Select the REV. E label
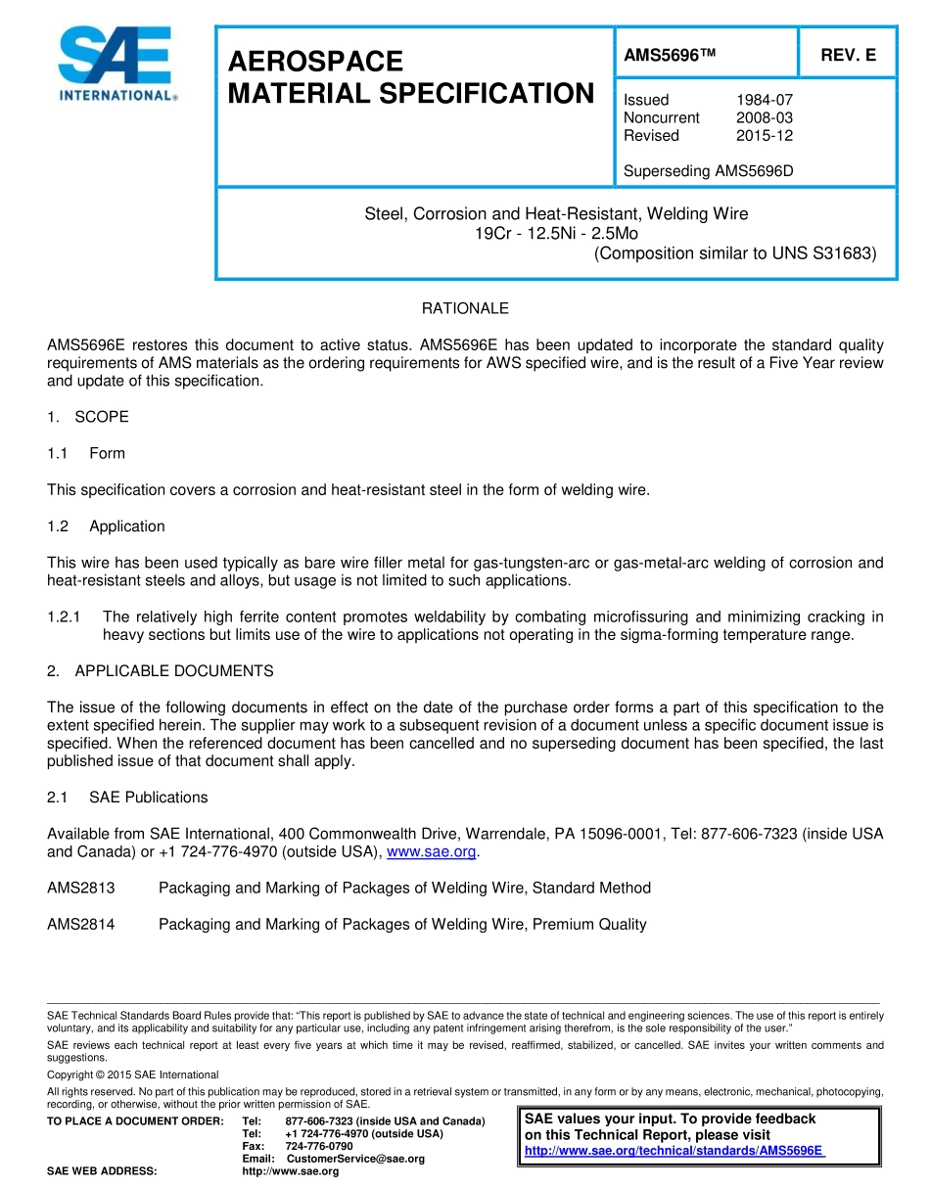click(x=848, y=56)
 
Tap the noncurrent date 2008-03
click(x=764, y=117)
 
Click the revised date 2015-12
click(x=764, y=135)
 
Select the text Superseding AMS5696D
click(x=708, y=171)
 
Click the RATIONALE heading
click(x=465, y=308)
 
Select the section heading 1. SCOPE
click(x=88, y=417)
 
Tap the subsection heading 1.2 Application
click(x=107, y=526)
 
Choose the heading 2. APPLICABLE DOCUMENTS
click(x=161, y=671)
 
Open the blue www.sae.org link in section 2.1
click(x=432, y=852)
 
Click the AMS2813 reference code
click(x=81, y=889)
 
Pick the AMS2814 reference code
click(x=81, y=925)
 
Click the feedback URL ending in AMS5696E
click(x=674, y=1151)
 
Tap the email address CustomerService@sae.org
click(x=355, y=1159)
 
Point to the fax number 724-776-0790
click(x=319, y=1146)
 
